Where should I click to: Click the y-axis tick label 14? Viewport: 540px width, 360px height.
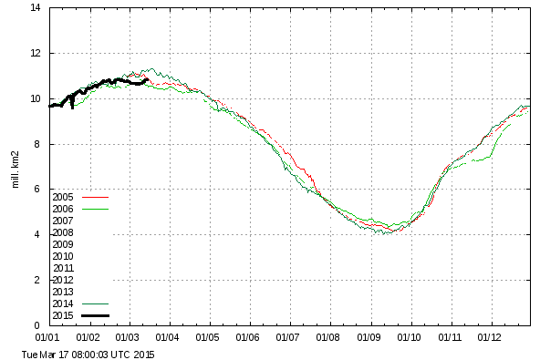pyautogui.click(x=36, y=7)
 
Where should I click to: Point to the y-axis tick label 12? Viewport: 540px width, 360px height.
pyautogui.click(x=36, y=53)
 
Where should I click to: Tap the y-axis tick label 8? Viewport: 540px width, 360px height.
pyautogui.click(x=37, y=144)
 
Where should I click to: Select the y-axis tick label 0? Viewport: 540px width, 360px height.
pyautogui.click(x=37, y=325)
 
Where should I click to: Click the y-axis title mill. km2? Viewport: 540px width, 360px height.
pyautogui.click(x=16, y=170)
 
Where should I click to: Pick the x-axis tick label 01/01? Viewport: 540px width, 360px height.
pyautogui.click(x=47, y=337)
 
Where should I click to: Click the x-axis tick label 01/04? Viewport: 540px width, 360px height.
pyautogui.click(x=167, y=337)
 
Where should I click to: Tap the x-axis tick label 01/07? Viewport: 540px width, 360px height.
pyautogui.click(x=287, y=337)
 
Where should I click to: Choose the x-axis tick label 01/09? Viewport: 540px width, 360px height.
pyautogui.click(x=369, y=337)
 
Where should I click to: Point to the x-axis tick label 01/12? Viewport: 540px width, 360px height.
pyautogui.click(x=489, y=337)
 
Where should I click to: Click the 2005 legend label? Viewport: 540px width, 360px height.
pyautogui.click(x=63, y=197)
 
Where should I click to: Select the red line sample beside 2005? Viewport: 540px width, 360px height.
pyautogui.click(x=96, y=197)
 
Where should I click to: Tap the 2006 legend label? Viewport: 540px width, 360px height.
pyautogui.click(x=63, y=209)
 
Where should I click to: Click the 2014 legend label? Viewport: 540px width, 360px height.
pyautogui.click(x=63, y=303)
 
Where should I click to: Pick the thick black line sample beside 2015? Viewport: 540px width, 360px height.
pyautogui.click(x=96, y=315)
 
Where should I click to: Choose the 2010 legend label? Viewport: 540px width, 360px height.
pyautogui.click(x=63, y=256)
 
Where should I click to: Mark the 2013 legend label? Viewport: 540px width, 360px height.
pyautogui.click(x=63, y=292)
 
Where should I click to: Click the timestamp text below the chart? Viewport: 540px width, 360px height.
pyautogui.click(x=88, y=355)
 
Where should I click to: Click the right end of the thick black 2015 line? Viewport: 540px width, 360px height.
pyautogui.click(x=148, y=80)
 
